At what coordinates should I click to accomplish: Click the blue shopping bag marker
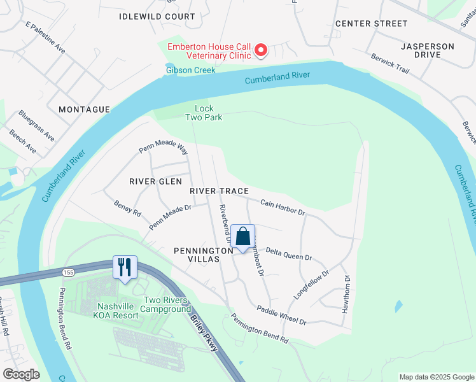tap(242, 237)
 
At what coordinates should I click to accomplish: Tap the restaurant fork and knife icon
tap(125, 266)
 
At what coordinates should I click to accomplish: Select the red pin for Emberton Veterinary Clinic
tap(260, 50)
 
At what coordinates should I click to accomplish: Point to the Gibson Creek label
tap(190, 69)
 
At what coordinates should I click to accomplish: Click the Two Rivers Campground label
tap(165, 304)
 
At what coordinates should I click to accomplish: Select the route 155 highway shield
tap(67, 272)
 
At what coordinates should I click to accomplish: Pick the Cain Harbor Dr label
tap(283, 206)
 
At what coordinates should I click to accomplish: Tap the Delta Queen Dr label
tap(288, 254)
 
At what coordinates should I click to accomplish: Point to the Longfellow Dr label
tap(311, 285)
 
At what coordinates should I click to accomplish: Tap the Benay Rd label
tap(127, 208)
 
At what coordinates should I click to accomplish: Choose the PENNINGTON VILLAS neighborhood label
tap(204, 256)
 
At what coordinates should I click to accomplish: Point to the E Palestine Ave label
tap(46, 38)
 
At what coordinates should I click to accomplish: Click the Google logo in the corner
tap(21, 374)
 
